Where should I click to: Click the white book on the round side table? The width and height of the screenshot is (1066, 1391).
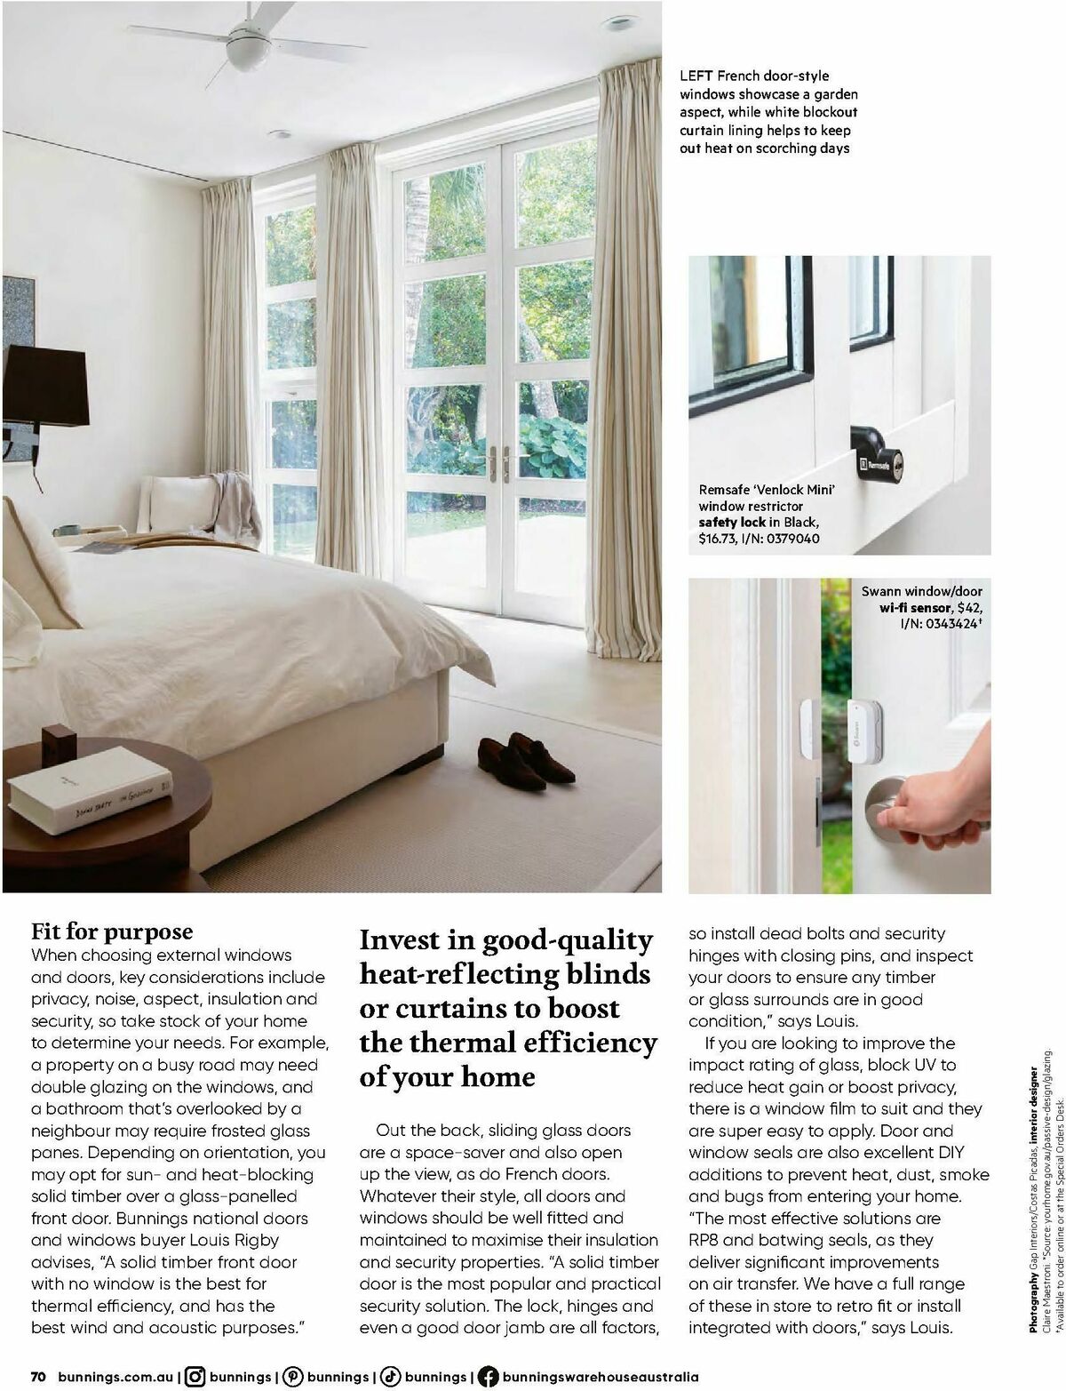click(x=89, y=789)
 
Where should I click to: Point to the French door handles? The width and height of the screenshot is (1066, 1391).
click(x=500, y=462)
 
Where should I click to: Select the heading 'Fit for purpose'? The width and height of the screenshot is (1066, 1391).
click(x=112, y=931)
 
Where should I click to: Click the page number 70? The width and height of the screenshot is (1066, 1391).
click(x=38, y=1376)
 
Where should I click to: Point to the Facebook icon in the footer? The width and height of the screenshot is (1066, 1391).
click(x=487, y=1376)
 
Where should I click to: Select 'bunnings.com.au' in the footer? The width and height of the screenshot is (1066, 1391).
click(x=115, y=1376)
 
